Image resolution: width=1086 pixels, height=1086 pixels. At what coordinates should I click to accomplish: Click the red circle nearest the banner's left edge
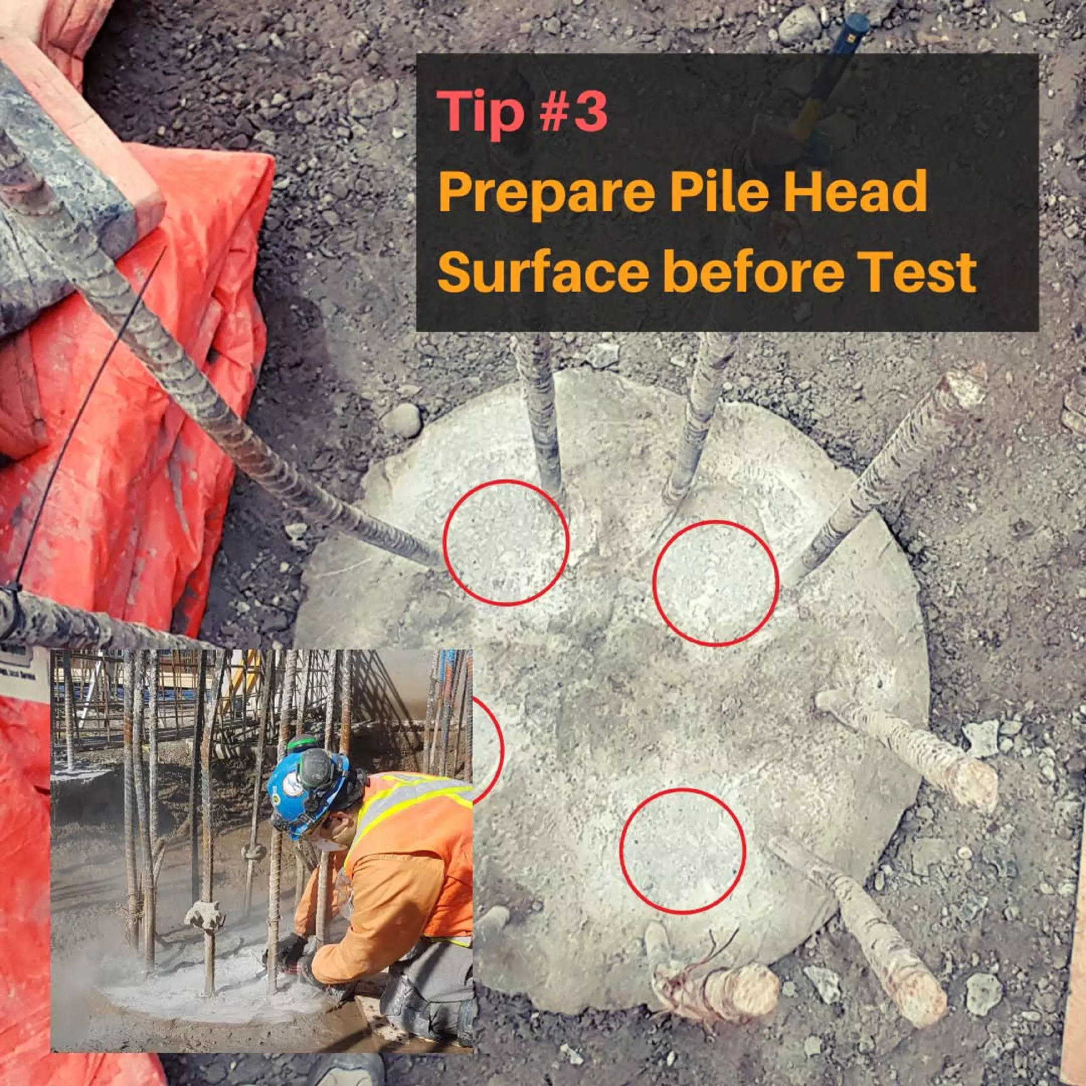(506, 542)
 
